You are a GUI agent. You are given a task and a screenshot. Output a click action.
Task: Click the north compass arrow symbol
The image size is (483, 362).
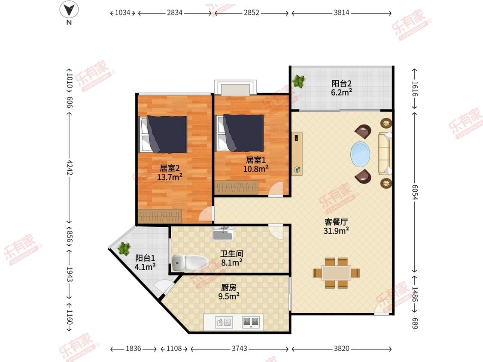(x=69, y=10)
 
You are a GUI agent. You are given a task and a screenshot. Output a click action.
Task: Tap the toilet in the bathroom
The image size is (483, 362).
(x=189, y=262)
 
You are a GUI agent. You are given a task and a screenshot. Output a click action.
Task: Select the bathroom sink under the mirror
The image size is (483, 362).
(x=223, y=234)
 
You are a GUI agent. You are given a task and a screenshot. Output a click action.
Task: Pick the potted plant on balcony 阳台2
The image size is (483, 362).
(x=299, y=81)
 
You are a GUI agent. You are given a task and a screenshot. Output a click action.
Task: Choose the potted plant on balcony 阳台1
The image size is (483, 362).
(x=124, y=248)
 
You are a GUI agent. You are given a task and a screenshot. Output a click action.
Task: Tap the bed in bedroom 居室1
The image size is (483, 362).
(x=240, y=133)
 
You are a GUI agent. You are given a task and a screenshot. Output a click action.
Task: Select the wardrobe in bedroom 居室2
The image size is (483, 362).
(x=160, y=216)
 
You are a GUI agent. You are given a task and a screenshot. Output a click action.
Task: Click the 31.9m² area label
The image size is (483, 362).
(x=336, y=231)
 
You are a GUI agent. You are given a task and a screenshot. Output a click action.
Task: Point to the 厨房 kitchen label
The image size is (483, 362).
(x=228, y=287)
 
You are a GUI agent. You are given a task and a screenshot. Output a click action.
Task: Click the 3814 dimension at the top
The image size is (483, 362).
(x=341, y=12)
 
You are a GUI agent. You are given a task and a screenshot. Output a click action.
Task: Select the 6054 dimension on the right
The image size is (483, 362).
(x=415, y=192)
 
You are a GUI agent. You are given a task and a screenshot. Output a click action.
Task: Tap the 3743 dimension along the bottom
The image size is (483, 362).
(x=239, y=348)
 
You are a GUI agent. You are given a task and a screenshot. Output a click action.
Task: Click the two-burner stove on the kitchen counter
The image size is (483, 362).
(x=251, y=322)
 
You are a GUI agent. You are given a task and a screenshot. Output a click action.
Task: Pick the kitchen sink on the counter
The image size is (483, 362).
(x=224, y=322)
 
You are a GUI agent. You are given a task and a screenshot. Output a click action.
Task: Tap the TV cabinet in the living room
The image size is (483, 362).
(x=297, y=154)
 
